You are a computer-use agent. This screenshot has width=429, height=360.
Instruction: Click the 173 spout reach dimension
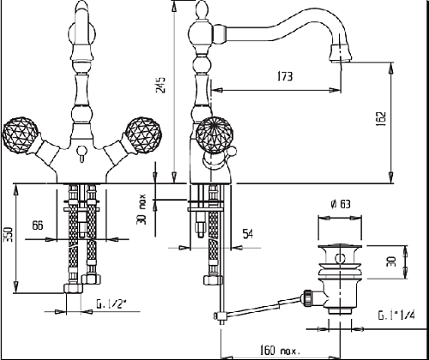coord(285,76)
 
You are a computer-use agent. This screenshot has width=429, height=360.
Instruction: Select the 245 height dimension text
coord(160,85)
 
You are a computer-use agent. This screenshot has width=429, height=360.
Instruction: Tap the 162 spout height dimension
coord(381,119)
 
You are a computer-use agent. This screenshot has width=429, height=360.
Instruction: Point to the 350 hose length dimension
coord(8,234)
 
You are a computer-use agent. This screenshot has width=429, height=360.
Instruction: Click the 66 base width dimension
coord(38,225)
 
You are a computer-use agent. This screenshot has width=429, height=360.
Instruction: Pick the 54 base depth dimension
coord(248,234)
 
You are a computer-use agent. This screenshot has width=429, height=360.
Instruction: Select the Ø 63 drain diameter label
coord(340,204)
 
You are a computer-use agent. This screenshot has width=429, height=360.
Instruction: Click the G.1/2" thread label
coord(112,304)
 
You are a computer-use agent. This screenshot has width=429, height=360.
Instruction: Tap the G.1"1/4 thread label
coord(396,315)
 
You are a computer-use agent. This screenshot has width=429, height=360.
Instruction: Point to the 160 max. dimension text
coord(280,350)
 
